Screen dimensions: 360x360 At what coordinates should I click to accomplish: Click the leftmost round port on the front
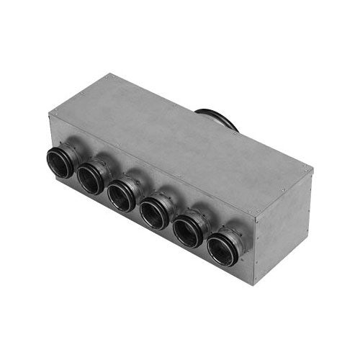coord(60,163)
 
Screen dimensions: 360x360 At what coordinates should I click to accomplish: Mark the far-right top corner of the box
coord(312,168)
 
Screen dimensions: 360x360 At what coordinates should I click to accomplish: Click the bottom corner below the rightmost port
coord(253,282)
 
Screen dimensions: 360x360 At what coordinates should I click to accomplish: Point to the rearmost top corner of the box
coord(109,74)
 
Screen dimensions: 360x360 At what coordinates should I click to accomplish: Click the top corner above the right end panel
coord(254,214)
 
